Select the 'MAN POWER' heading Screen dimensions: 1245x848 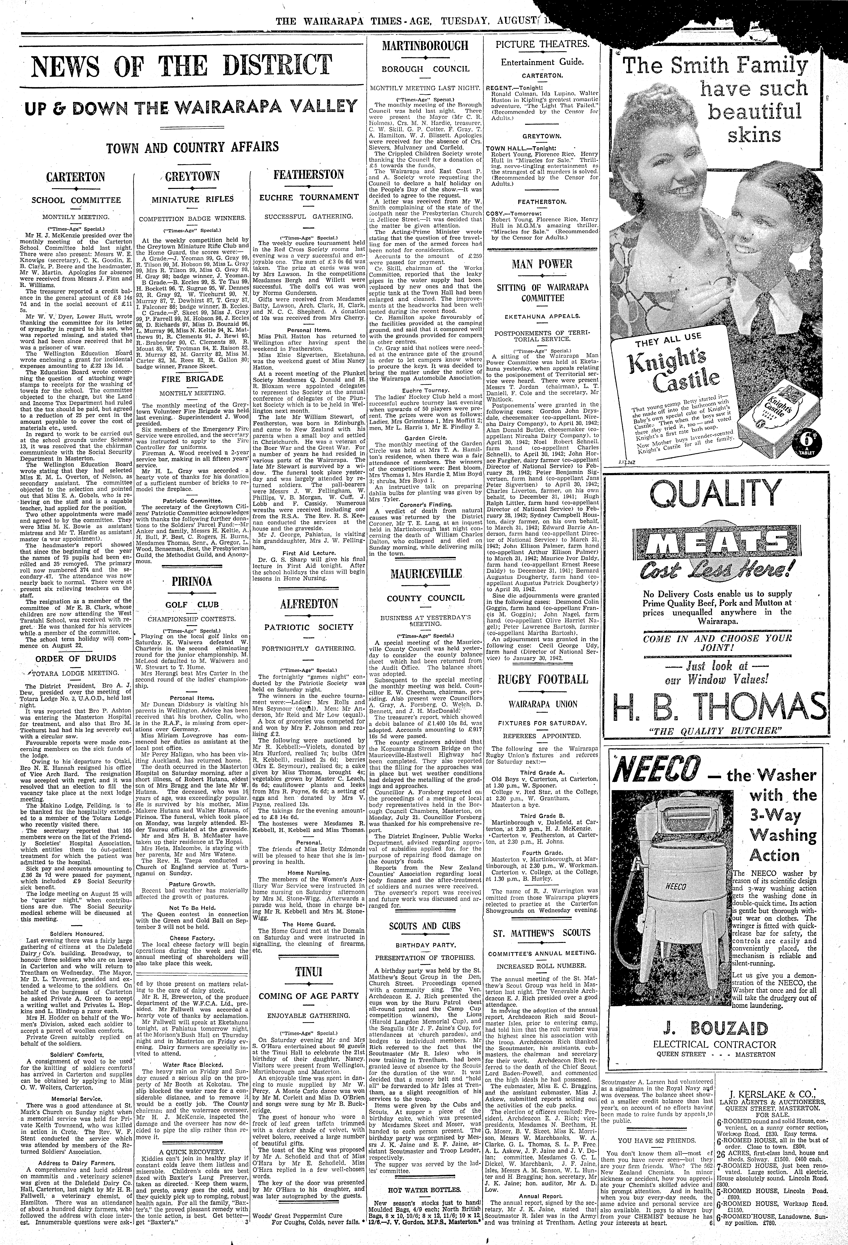tap(542, 264)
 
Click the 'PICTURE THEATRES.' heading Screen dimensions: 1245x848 tap(542, 44)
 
